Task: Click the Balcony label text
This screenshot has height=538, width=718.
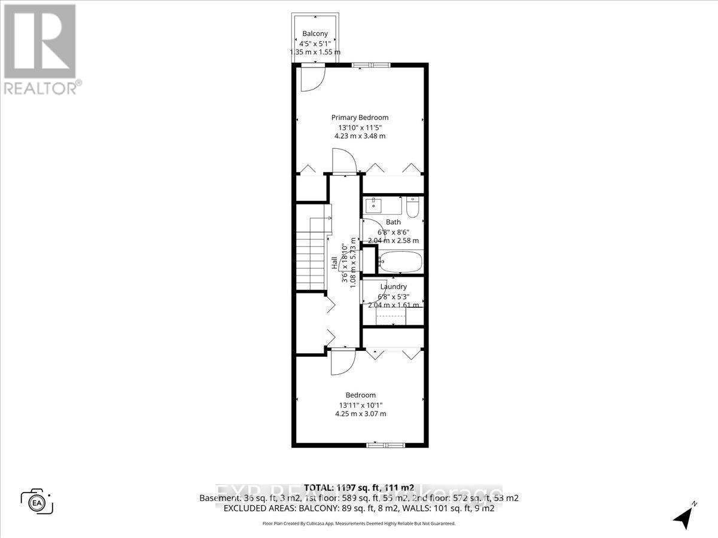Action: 315,33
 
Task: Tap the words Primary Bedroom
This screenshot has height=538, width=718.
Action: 360,118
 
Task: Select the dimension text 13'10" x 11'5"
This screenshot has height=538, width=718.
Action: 360,127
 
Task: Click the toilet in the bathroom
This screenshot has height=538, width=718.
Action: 412,207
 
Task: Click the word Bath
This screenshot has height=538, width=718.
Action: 393,222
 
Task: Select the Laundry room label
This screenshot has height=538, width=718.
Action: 393,287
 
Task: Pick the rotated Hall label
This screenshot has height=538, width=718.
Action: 334,263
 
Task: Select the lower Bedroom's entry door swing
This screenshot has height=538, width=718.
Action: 342,361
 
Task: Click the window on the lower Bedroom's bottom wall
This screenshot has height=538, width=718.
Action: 386,445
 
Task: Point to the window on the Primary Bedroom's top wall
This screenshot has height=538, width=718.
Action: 371,65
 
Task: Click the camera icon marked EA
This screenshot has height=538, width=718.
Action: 36,500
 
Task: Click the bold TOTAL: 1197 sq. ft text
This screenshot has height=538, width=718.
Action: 347,487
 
